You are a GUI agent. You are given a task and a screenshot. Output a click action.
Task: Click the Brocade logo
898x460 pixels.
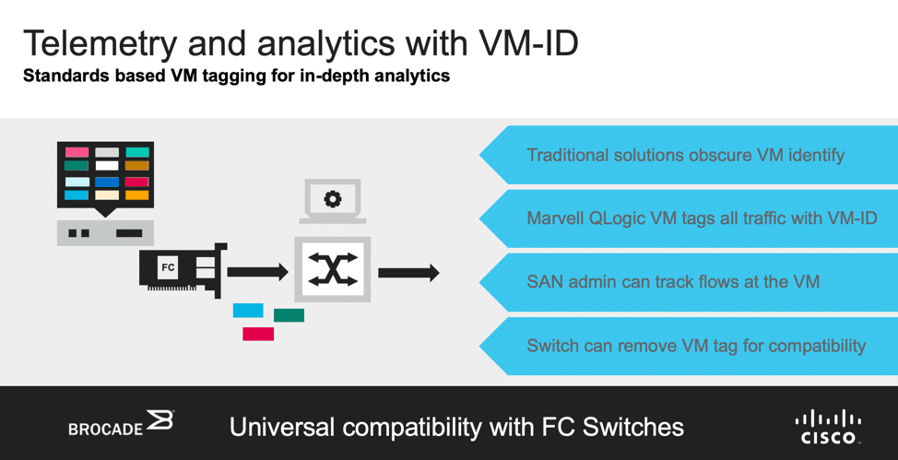pos(121,423)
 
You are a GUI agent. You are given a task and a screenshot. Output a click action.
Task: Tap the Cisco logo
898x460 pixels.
pos(828,427)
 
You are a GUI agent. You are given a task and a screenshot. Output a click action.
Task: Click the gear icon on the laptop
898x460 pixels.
pos(332,199)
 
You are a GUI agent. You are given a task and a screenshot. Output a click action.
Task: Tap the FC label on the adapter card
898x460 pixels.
pos(168,267)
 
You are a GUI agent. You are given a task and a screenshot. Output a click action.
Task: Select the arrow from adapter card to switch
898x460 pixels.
pos(258,272)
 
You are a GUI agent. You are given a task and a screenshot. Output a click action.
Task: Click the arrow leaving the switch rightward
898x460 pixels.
pos(408,272)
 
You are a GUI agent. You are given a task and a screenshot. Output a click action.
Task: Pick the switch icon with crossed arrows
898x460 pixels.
pos(332,269)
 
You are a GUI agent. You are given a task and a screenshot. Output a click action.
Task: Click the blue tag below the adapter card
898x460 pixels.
pos(248,311)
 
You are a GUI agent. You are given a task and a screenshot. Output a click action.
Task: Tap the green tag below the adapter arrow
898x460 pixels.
pos(289,315)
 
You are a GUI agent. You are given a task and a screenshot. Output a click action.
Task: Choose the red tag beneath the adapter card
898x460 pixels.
pos(258,334)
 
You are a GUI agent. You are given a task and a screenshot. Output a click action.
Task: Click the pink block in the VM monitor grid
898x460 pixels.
pos(77,152)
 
